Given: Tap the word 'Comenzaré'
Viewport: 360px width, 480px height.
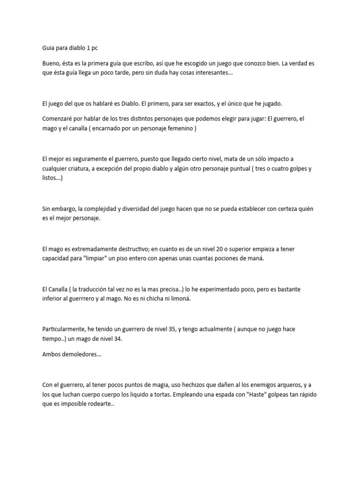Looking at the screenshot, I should coord(59,119).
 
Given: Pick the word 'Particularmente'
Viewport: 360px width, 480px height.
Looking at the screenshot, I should coord(65,330).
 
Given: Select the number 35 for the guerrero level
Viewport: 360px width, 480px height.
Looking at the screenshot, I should coord(171,330).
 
